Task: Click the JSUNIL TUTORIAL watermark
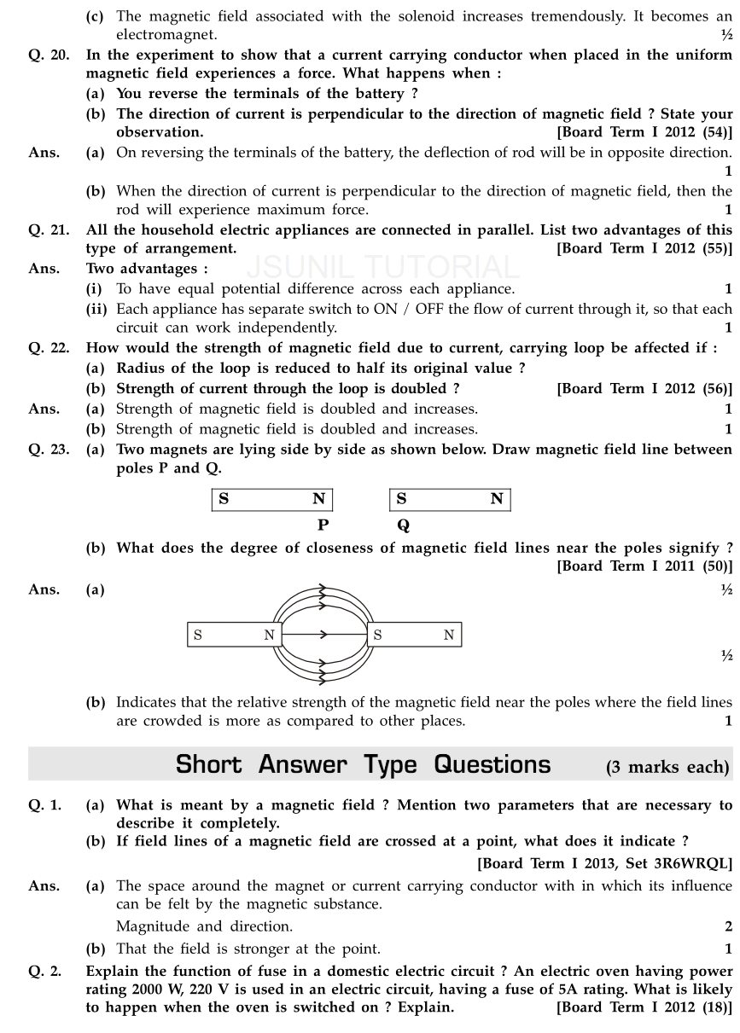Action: (x=383, y=268)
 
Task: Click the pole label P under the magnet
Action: (x=322, y=526)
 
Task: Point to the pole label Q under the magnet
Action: (x=403, y=526)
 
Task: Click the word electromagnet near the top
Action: (x=166, y=35)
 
